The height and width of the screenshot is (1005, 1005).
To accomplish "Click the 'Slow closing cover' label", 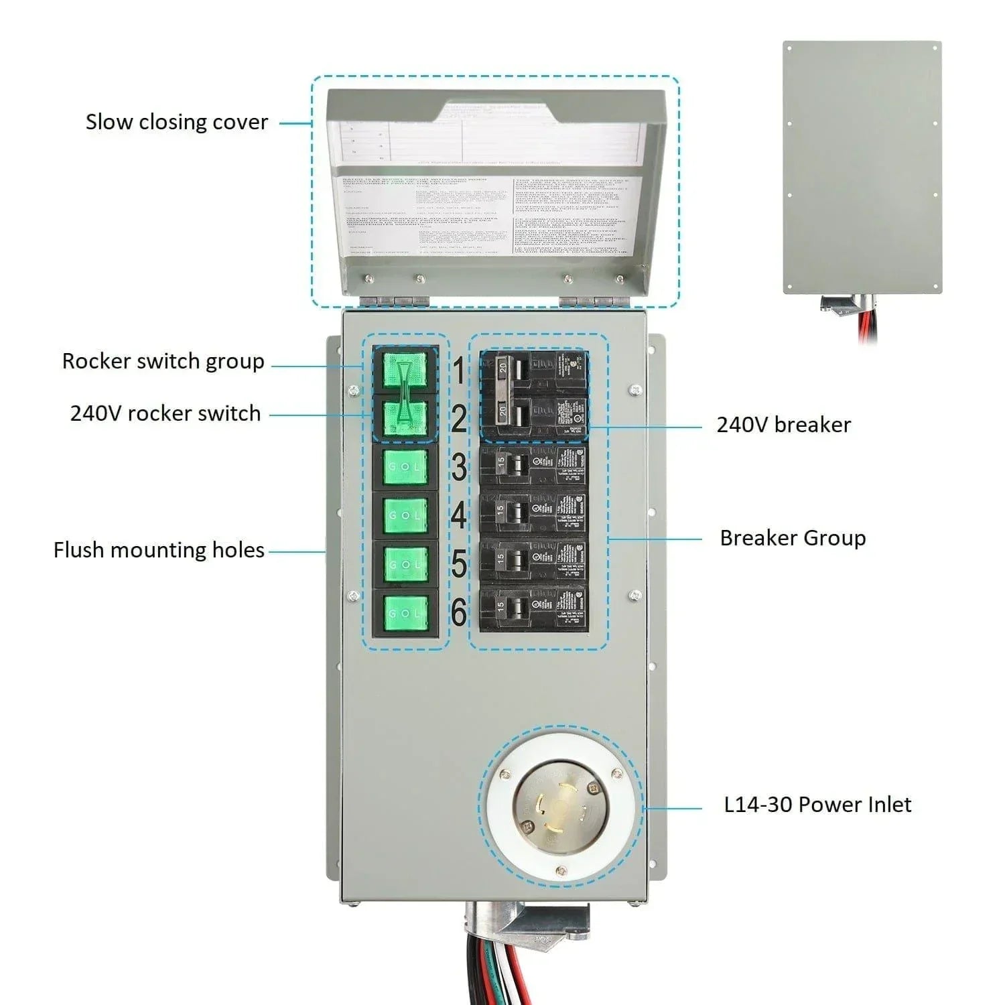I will tap(177, 122).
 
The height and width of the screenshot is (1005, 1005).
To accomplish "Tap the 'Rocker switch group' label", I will tap(163, 361).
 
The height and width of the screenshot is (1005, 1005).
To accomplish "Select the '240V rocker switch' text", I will tap(165, 413).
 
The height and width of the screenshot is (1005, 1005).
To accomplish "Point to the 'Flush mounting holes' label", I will tap(159, 550).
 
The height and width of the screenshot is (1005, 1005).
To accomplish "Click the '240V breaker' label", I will tap(783, 425).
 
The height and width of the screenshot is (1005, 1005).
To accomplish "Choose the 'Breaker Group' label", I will tap(793, 538).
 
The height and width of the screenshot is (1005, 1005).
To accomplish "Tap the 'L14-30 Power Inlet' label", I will tap(817, 804).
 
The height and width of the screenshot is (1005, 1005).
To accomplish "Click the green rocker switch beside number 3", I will tap(405, 467).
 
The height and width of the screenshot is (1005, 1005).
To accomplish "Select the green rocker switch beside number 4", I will tap(405, 516).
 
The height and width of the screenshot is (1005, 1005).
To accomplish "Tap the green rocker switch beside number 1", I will tap(405, 371).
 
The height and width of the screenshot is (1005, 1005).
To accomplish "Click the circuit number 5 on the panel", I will tap(458, 563).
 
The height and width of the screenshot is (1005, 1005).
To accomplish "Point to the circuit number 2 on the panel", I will tap(458, 419).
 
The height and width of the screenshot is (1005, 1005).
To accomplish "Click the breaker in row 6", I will tap(533, 608).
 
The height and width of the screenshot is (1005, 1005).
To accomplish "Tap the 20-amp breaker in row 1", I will tap(533, 369).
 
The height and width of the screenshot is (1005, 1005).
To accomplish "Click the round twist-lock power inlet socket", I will tap(560, 807).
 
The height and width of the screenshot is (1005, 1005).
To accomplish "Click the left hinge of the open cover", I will tap(394, 301).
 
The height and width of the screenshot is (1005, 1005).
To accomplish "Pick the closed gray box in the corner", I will tap(862, 167).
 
